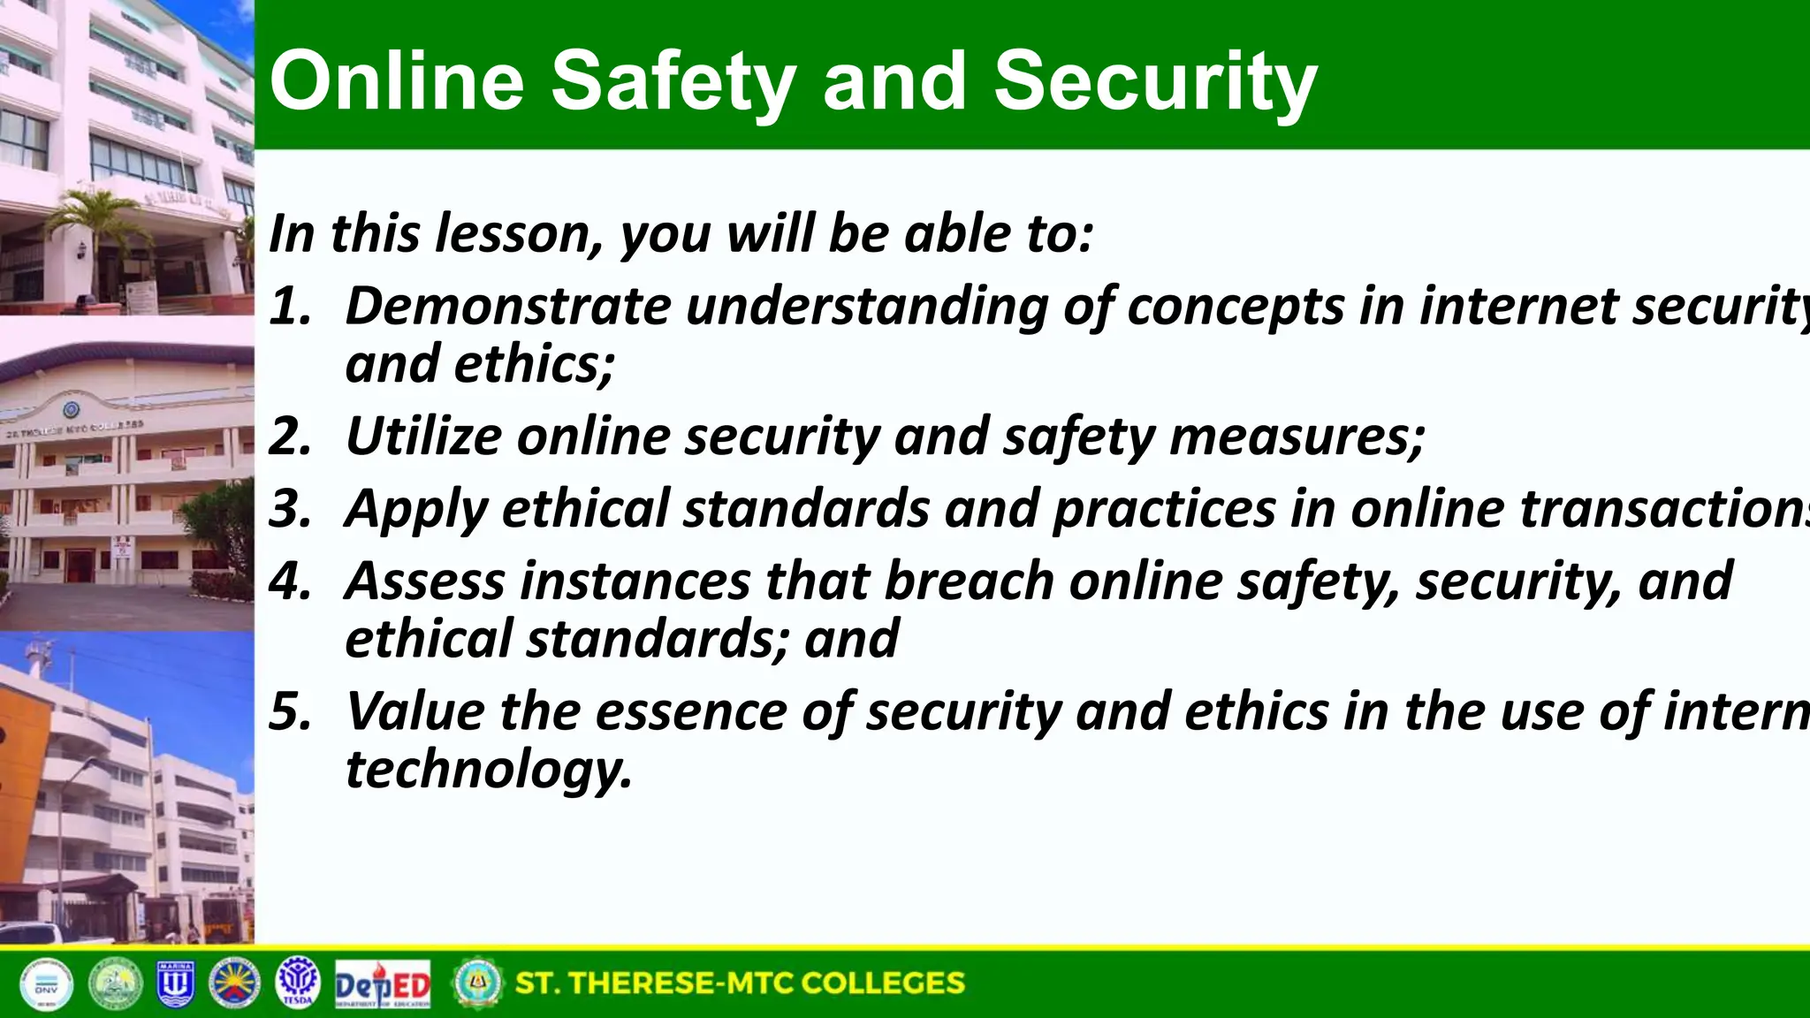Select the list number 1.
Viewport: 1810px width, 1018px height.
290,307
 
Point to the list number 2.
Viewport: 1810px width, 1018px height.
290,437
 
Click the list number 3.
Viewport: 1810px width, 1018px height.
290,509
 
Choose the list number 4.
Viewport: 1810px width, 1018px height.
290,581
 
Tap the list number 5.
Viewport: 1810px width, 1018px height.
290,711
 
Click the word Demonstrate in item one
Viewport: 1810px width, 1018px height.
507,307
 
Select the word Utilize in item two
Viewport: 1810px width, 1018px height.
423,437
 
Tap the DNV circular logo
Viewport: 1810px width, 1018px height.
46,984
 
